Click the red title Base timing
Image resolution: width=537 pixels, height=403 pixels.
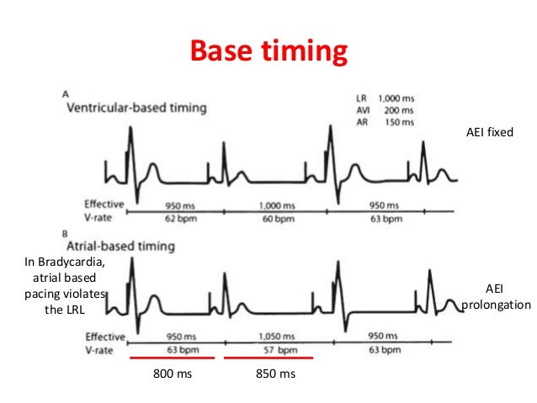click(268, 52)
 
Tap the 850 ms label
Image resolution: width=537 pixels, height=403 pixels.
click(272, 374)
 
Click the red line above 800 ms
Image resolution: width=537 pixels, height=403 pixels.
click(173, 358)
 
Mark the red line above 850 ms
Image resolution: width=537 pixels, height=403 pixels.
click(270, 358)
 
